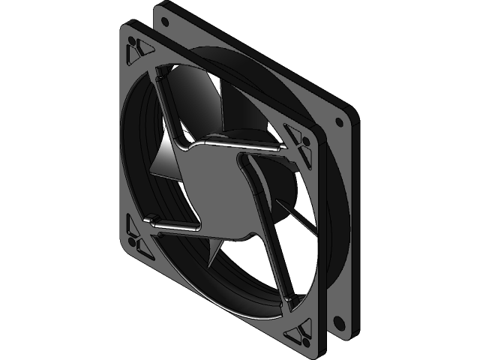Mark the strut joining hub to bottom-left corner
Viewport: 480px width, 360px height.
coord(176,224)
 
